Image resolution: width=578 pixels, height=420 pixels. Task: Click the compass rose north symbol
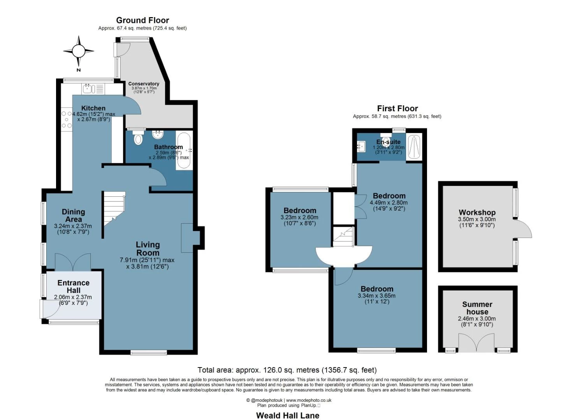pos(79,51)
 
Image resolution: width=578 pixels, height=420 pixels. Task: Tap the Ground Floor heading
pos(142,20)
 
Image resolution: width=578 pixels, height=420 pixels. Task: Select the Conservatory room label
pos(144,84)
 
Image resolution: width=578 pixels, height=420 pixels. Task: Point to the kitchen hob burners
pos(67,119)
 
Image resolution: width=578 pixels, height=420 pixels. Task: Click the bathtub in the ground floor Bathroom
pos(184,150)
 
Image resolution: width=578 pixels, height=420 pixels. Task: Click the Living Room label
pos(148,248)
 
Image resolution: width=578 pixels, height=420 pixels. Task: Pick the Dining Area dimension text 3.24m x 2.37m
pos(73,226)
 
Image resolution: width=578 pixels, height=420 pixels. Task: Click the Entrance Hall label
pos(73,286)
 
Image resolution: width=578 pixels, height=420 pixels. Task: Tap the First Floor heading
pos(397,108)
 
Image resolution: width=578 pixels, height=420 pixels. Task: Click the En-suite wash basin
pos(361,147)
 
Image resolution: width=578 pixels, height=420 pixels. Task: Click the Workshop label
pos(477,212)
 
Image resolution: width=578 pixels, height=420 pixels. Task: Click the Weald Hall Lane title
pos(288,415)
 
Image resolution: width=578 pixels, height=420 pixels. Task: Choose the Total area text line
pos(287,370)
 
